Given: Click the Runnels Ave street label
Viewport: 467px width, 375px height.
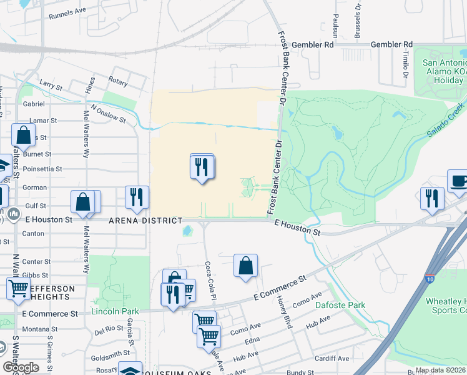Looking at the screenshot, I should (x=67, y=12).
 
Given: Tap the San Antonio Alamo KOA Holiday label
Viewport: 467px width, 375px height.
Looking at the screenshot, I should (x=445, y=72).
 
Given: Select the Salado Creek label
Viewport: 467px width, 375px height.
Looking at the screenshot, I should (x=446, y=121).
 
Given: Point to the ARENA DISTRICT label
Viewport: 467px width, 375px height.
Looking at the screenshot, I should (x=145, y=221).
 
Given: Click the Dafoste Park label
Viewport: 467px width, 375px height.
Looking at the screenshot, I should (x=340, y=305).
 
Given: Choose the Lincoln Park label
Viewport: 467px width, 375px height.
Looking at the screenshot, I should (x=115, y=311).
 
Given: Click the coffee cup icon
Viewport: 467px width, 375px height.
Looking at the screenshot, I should (x=458, y=180).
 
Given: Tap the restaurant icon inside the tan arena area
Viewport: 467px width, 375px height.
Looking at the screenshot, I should (x=202, y=166).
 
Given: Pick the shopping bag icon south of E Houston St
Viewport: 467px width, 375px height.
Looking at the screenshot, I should (x=246, y=264).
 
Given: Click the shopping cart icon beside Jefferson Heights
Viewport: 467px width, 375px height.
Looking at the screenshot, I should (x=18, y=288).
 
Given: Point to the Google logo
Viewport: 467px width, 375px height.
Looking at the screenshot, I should (x=21, y=367).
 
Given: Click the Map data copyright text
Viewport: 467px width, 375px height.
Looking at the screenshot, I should (x=440, y=370).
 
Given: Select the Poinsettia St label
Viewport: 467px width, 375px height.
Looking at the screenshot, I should (x=42, y=169).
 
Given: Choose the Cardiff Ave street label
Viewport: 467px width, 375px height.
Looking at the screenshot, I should (x=331, y=359).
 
